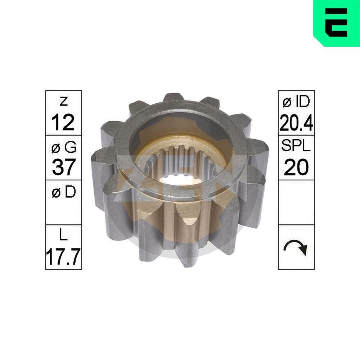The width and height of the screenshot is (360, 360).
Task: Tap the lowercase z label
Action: [63, 102]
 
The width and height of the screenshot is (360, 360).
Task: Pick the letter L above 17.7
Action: [63, 237]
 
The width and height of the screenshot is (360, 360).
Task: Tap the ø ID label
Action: [296, 102]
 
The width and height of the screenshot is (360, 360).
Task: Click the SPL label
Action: [296, 147]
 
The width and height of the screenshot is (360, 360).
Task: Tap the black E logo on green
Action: [336, 22]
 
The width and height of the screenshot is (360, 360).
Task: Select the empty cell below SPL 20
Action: [296, 202]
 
